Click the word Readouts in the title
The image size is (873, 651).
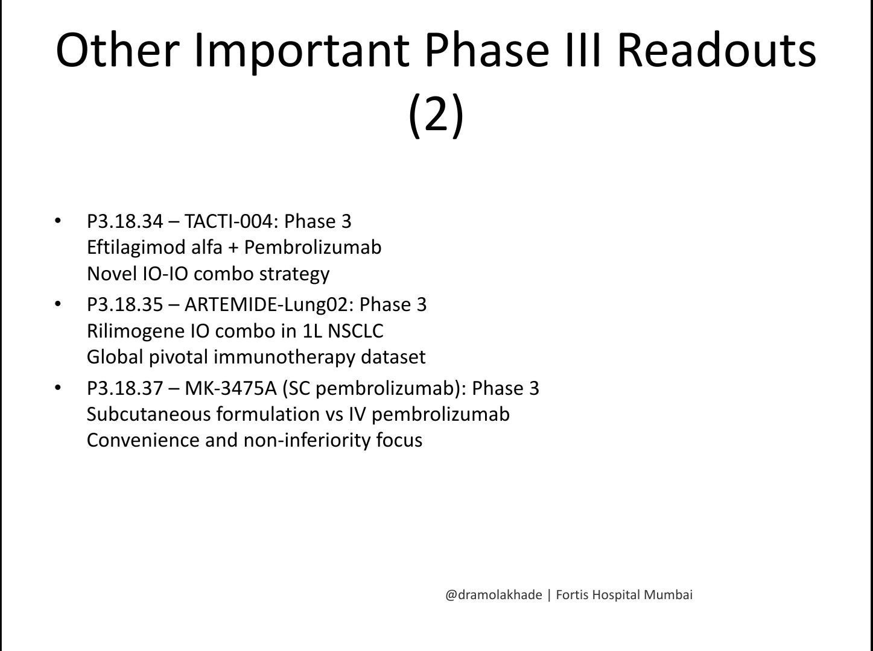click(x=717, y=51)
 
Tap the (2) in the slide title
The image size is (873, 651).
click(x=436, y=115)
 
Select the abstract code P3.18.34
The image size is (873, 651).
click(x=125, y=221)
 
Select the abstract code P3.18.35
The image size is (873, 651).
click(x=125, y=304)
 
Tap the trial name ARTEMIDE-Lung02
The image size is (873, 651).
click(x=269, y=304)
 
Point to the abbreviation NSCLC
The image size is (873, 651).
click(x=355, y=331)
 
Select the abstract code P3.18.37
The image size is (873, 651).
click(x=125, y=388)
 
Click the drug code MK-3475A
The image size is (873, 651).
click(x=230, y=388)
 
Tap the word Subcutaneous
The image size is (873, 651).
click(x=149, y=414)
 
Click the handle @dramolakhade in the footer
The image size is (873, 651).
click(x=494, y=595)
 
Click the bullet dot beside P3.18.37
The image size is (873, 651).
click(x=58, y=388)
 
